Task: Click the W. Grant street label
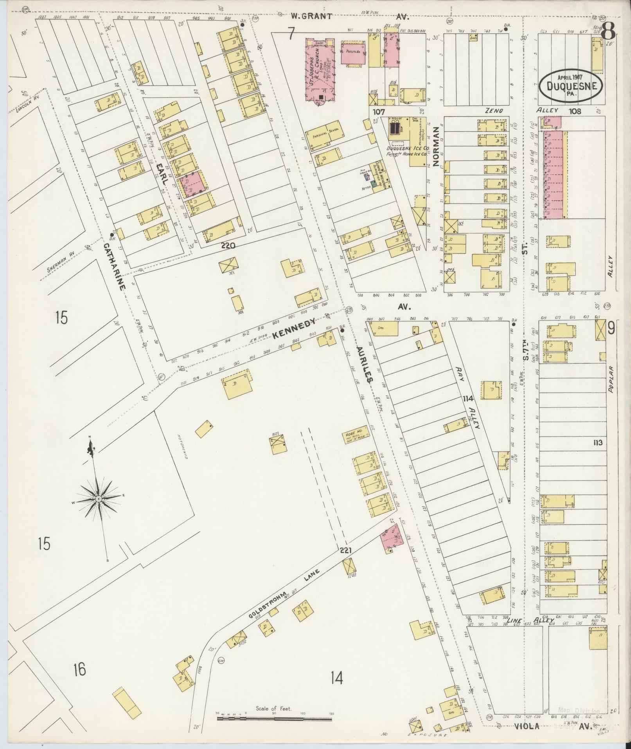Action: (x=311, y=16)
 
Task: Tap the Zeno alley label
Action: (x=494, y=111)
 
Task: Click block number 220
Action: (x=228, y=246)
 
